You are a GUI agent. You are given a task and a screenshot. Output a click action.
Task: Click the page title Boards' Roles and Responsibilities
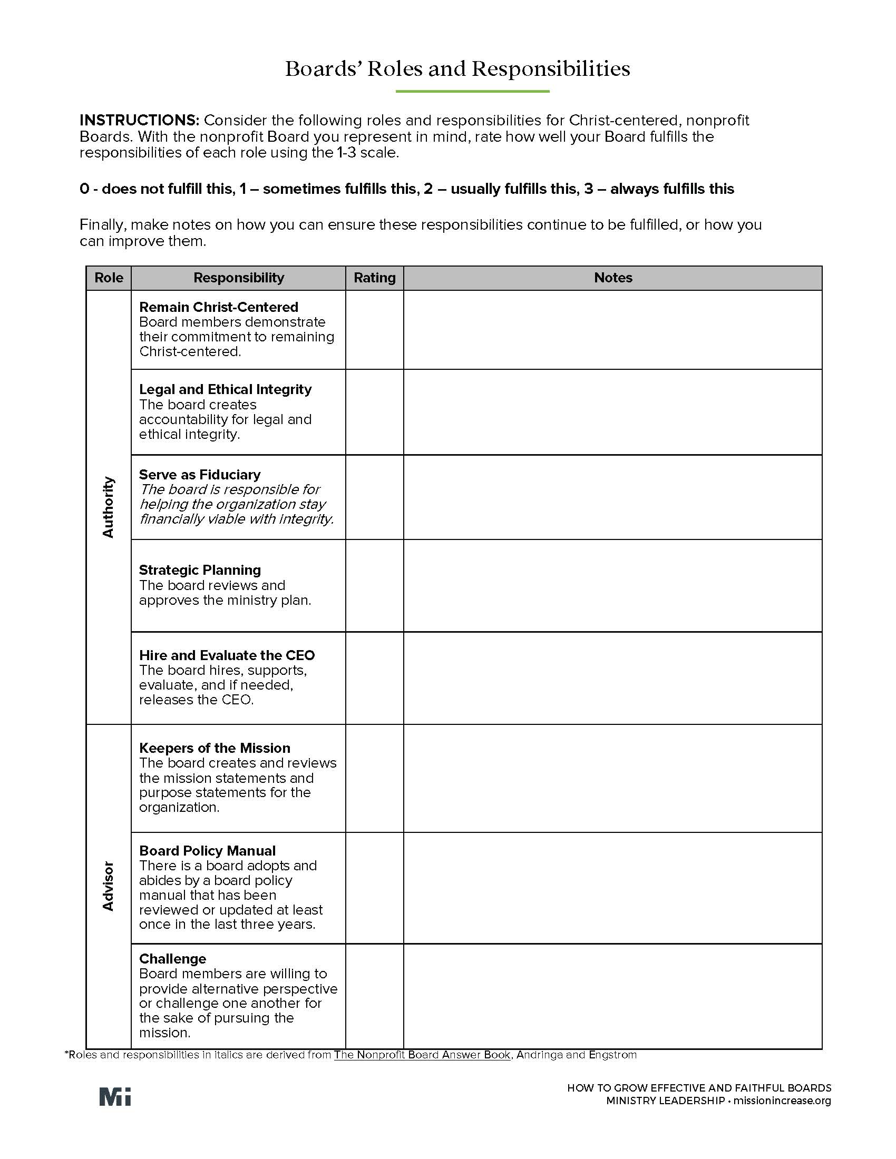(x=457, y=69)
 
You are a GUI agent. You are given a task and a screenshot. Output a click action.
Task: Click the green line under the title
(x=472, y=92)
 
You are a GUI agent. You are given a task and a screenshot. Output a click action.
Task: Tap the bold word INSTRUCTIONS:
(x=139, y=120)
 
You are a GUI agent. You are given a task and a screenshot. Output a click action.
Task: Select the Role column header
(x=109, y=278)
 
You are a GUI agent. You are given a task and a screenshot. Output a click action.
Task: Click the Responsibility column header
(x=238, y=278)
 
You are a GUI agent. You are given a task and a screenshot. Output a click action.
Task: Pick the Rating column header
(x=374, y=278)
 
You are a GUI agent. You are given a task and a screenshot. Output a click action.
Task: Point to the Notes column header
(x=612, y=278)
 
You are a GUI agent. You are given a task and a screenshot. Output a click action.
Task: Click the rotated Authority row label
(x=108, y=507)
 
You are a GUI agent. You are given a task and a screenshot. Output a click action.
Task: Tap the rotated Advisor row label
(x=108, y=886)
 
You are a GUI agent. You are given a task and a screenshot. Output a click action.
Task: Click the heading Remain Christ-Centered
(x=218, y=307)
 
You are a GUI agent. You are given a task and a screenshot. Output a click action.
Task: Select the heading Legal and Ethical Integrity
(x=225, y=389)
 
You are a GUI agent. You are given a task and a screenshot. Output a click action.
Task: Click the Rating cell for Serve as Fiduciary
(x=374, y=497)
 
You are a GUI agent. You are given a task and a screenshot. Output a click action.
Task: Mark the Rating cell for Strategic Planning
(x=374, y=585)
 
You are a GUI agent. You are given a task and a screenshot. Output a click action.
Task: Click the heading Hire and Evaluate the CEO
(x=227, y=655)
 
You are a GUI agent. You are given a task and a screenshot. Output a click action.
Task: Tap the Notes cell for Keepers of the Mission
(x=612, y=778)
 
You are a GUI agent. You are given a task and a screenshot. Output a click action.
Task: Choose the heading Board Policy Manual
(x=207, y=851)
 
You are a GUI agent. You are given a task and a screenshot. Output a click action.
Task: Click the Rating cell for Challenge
(x=374, y=996)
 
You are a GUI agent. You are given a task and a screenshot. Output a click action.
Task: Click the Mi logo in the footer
(x=115, y=1097)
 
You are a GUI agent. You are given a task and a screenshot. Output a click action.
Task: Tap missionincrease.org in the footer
(x=782, y=1101)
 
